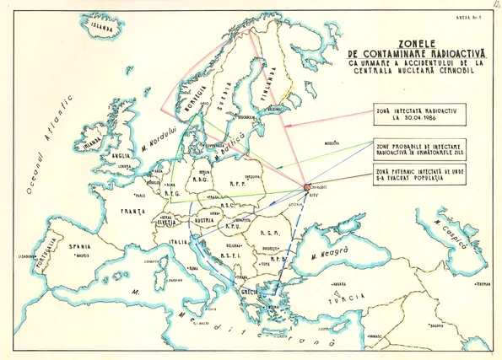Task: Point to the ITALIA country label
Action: [x=178, y=243]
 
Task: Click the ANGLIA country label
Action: [x=116, y=155]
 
